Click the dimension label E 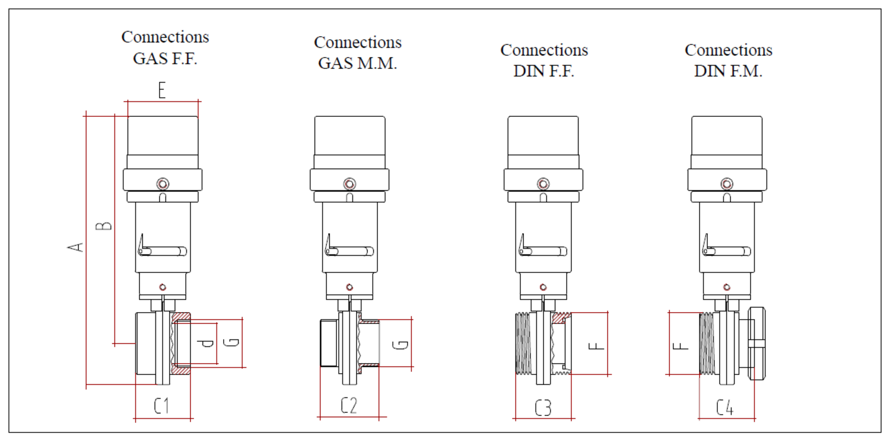click(x=161, y=91)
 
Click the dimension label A click(x=77, y=246)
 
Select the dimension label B click(x=104, y=225)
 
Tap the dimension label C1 click(x=161, y=406)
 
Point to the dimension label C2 click(x=349, y=406)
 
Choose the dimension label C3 click(x=543, y=408)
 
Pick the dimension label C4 click(x=724, y=408)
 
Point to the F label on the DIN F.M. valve click(x=683, y=344)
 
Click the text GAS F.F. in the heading click(x=165, y=59)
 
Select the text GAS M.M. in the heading click(x=357, y=63)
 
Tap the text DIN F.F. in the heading click(x=544, y=72)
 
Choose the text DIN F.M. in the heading click(x=728, y=72)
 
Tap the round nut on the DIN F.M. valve click(x=759, y=343)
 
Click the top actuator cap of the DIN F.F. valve click(x=543, y=135)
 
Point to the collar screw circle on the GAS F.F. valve click(x=163, y=183)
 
